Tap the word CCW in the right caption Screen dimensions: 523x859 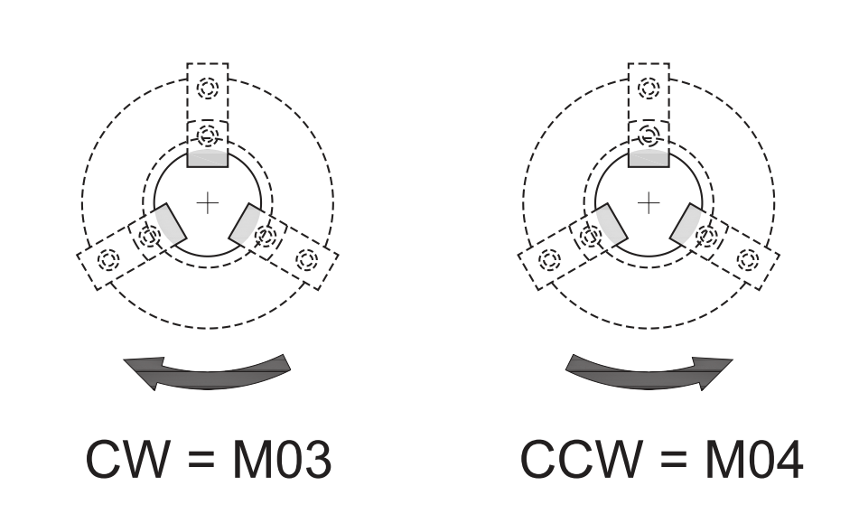pyautogui.click(x=578, y=460)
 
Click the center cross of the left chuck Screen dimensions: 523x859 pyautogui.click(x=208, y=202)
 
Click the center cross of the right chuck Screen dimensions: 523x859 pyautogui.click(x=649, y=202)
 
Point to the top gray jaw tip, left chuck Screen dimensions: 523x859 pyautogui.click(x=208, y=158)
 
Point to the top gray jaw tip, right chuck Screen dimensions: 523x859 pyautogui.click(x=649, y=158)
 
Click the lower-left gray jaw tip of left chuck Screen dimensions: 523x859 pyautogui.click(x=171, y=225)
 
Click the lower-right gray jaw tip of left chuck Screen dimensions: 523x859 pyautogui.click(x=245, y=225)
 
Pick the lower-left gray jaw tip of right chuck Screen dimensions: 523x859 pyautogui.click(x=612, y=225)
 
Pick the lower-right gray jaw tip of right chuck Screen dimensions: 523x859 pyautogui.click(x=686, y=225)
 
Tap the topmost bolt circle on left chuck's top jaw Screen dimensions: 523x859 pyautogui.click(x=208, y=89)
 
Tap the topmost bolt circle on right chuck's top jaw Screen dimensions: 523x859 pyautogui.click(x=649, y=89)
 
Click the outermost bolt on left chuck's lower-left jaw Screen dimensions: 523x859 pyautogui.click(x=109, y=259)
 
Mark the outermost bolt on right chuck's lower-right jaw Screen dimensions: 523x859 pyautogui.click(x=747, y=259)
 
